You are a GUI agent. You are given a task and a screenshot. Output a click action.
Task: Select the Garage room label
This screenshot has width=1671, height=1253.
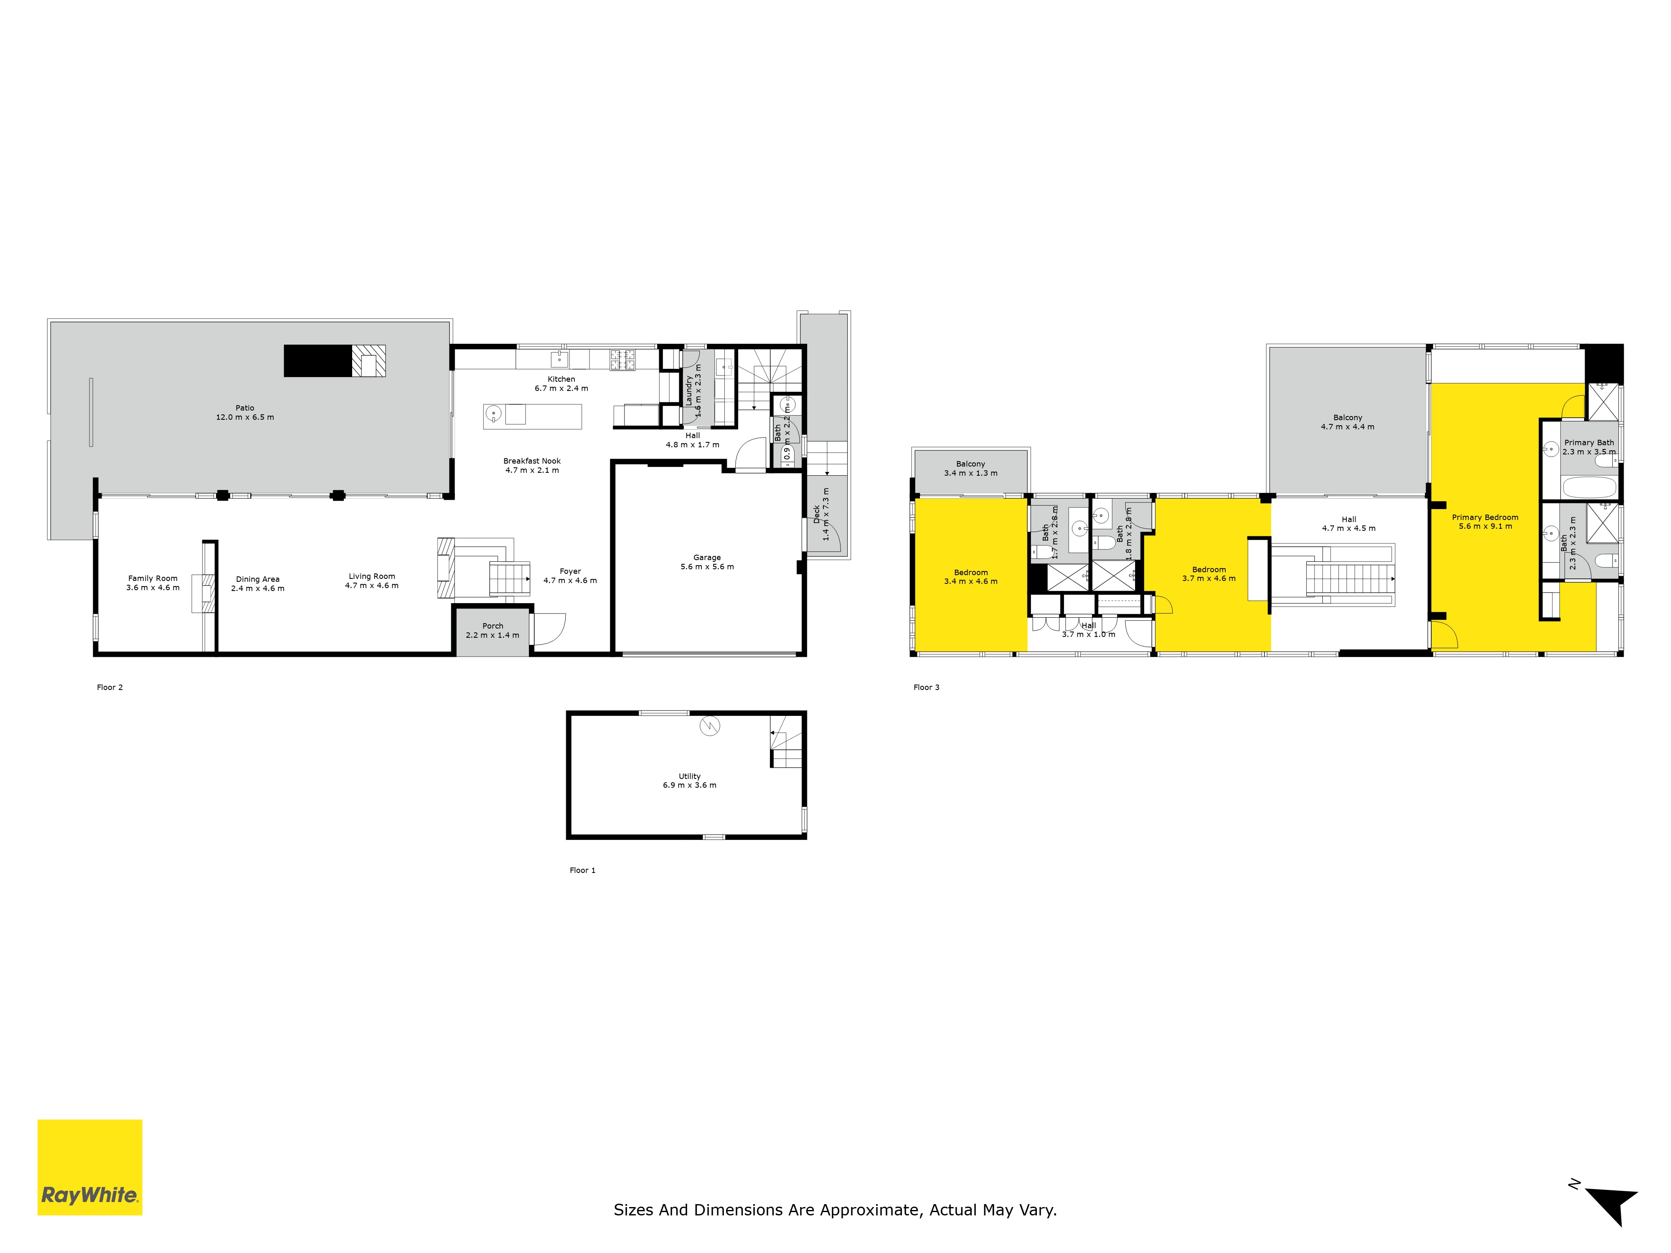[x=707, y=562]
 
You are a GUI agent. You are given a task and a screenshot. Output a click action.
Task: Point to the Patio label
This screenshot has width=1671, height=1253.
[x=245, y=412]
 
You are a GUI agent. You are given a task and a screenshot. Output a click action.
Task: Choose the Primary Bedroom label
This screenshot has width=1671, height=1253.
[x=1485, y=522]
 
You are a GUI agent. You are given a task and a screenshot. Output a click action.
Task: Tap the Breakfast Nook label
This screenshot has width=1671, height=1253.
[x=532, y=465]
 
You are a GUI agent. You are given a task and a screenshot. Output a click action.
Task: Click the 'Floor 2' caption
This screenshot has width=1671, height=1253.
[x=109, y=687]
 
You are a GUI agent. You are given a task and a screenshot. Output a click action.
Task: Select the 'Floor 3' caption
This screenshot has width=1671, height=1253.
[x=926, y=687]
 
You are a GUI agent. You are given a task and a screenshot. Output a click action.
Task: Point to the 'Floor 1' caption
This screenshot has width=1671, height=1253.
[x=582, y=870]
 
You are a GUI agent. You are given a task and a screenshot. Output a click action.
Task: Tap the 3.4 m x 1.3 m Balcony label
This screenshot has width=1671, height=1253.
[x=971, y=468]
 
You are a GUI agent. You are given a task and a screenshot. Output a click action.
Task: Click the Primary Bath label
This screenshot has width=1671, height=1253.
[x=1590, y=447]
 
